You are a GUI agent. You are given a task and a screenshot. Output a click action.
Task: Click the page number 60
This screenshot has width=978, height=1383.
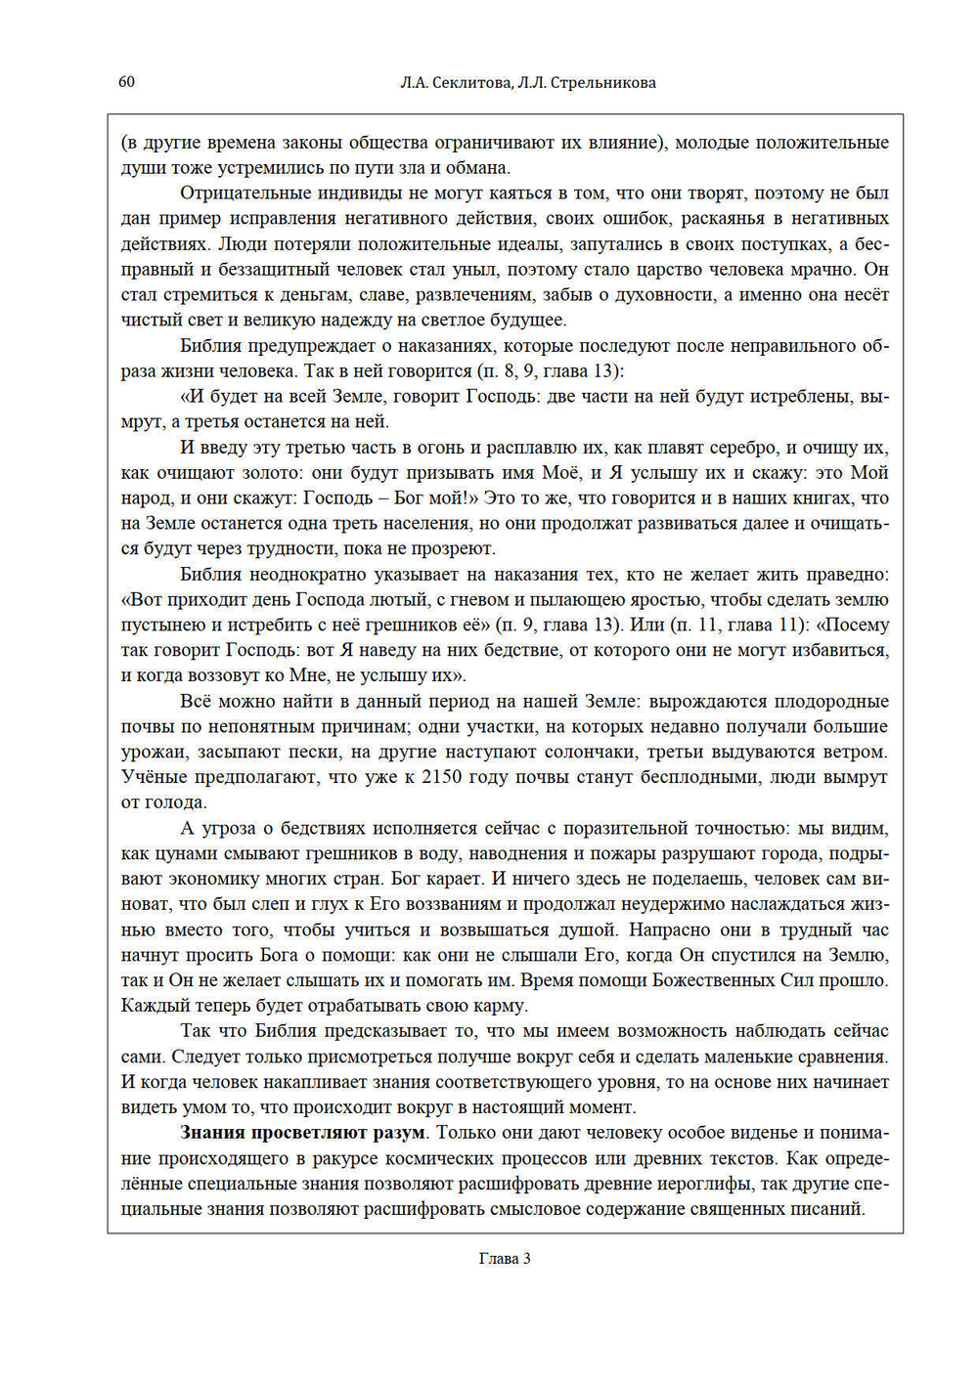click(126, 82)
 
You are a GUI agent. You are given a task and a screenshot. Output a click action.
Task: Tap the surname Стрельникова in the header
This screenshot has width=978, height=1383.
click(602, 83)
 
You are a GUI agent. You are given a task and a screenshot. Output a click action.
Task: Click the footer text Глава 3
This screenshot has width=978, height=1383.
click(505, 1259)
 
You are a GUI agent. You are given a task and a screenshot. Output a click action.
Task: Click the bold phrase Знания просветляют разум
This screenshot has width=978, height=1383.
click(303, 1133)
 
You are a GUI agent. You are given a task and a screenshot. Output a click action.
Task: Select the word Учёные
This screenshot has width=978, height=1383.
click(152, 777)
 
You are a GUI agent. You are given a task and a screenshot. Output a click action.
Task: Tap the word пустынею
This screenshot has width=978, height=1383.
click(159, 625)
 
